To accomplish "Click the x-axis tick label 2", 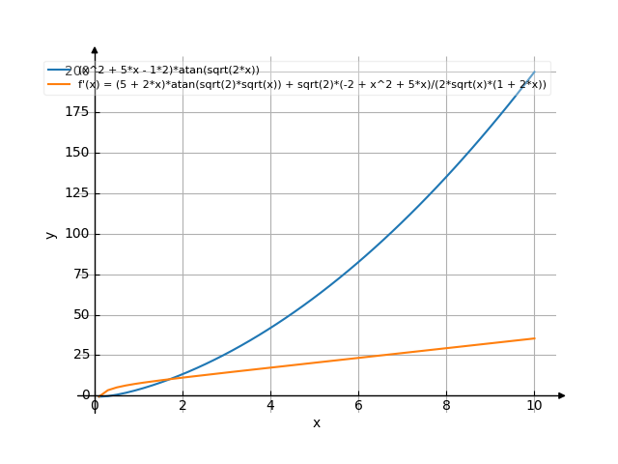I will pyautogui.click(x=183, y=406).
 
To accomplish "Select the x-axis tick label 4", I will pyautogui.click(x=270, y=406).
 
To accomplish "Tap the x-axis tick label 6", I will pyautogui.click(x=358, y=406).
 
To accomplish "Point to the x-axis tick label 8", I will pyautogui.click(x=446, y=406).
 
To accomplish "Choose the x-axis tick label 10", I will pyautogui.click(x=534, y=406).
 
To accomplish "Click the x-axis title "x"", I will pyautogui.click(x=316, y=423).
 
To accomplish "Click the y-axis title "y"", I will pyautogui.click(x=49, y=234).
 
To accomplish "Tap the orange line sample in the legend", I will pyautogui.click(x=59, y=84).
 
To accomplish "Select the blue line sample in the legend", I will pyautogui.click(x=59, y=71).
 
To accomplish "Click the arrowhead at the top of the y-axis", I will pyautogui.click(x=95, y=49).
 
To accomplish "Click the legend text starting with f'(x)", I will pyautogui.click(x=312, y=84).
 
